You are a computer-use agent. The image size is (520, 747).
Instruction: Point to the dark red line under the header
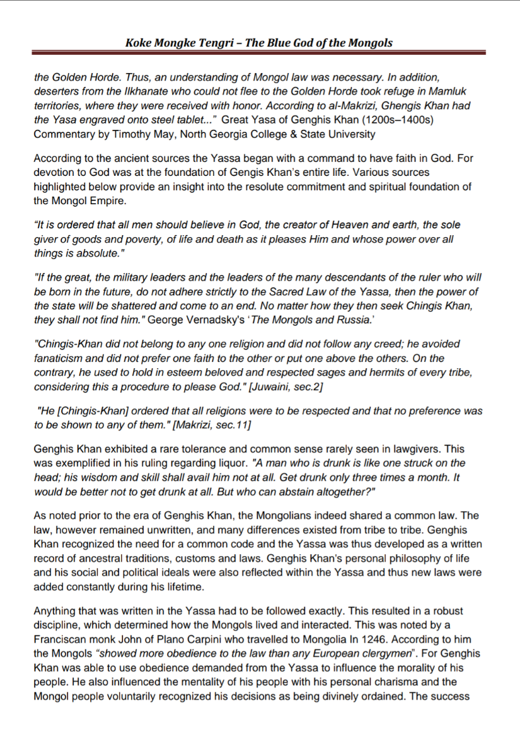click(x=259, y=53)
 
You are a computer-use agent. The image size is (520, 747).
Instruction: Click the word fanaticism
click(x=59, y=359)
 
